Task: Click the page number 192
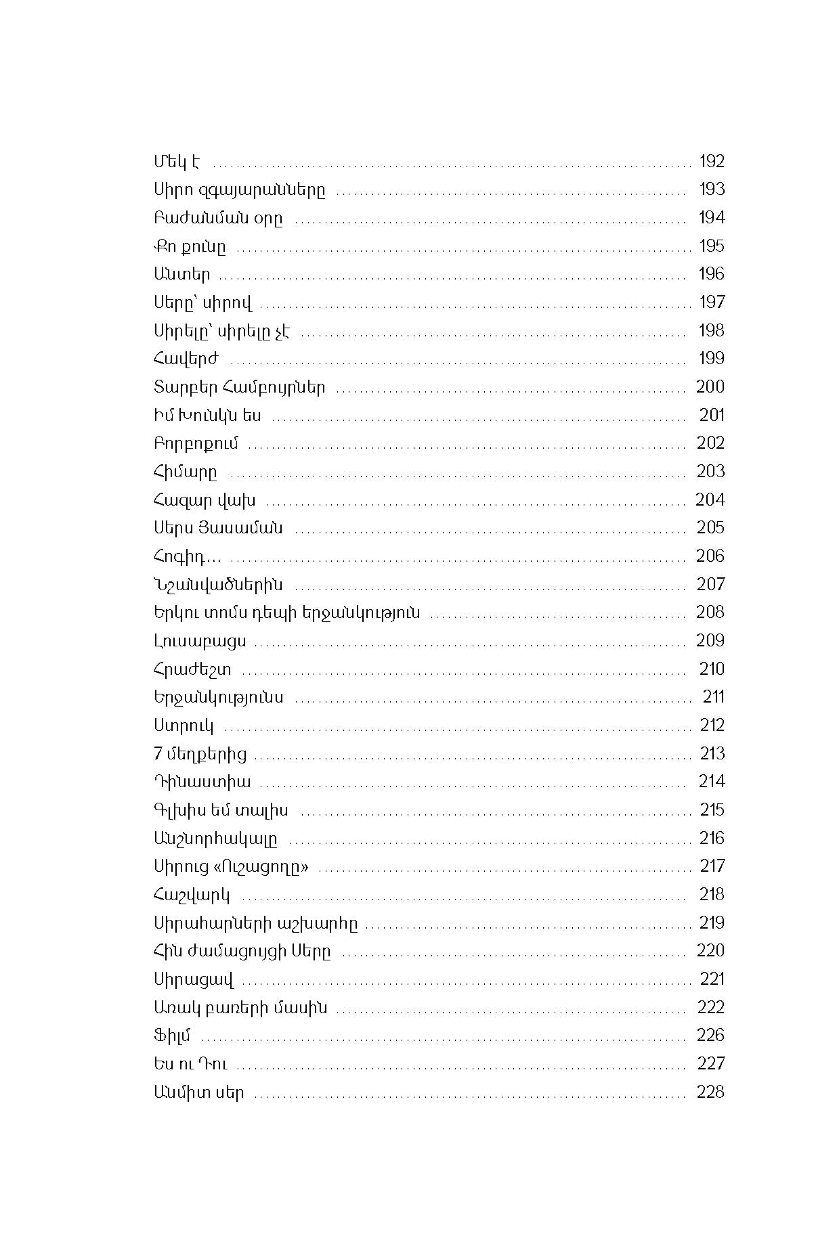(711, 161)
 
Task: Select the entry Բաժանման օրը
(218, 218)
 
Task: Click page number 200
(710, 386)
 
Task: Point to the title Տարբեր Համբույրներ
(239, 387)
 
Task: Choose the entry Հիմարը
(185, 472)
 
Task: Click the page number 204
(710, 500)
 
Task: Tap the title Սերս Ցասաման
(218, 528)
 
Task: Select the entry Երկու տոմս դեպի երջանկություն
(286, 613)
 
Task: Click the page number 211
(713, 696)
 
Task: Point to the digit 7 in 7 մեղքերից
(158, 753)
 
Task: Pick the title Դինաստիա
(202, 782)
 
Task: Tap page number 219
(711, 923)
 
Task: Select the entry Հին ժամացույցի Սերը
(242, 951)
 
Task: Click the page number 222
(710, 1007)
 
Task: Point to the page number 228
(710, 1092)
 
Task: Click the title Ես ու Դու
(190, 1063)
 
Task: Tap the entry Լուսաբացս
(200, 641)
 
